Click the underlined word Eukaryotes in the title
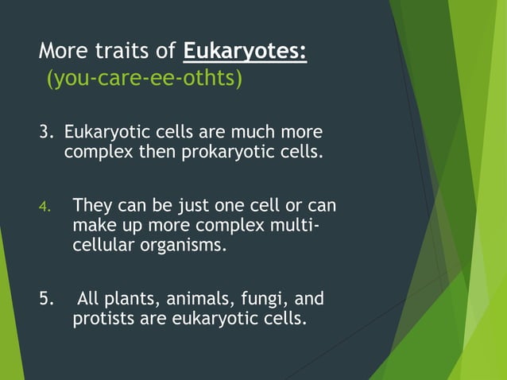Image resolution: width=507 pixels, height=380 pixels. [x=245, y=52]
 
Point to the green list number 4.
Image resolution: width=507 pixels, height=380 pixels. [x=45, y=207]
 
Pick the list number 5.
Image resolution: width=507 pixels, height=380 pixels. [x=47, y=300]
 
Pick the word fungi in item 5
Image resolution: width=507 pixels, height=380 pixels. [x=265, y=300]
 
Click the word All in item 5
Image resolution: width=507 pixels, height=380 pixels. [x=88, y=300]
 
